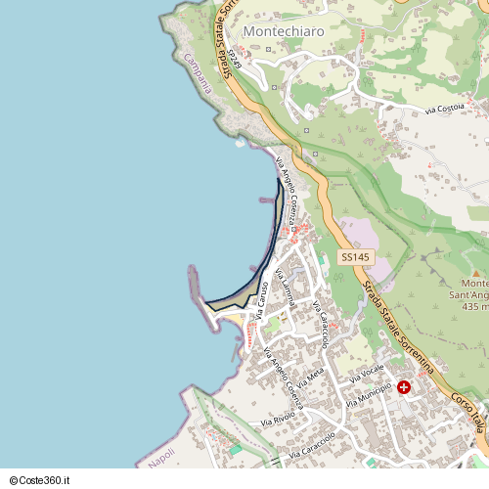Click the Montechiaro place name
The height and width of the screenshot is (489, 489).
click(x=283, y=31)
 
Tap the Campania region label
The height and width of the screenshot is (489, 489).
click(x=197, y=72)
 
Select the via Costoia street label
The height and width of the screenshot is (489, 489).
click(x=444, y=109)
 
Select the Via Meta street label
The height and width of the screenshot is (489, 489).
click(x=313, y=377)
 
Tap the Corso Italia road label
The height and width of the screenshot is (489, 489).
click(x=469, y=417)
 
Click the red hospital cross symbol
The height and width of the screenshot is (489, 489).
click(x=404, y=387)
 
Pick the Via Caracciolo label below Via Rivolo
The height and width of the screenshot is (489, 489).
click(x=312, y=446)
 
